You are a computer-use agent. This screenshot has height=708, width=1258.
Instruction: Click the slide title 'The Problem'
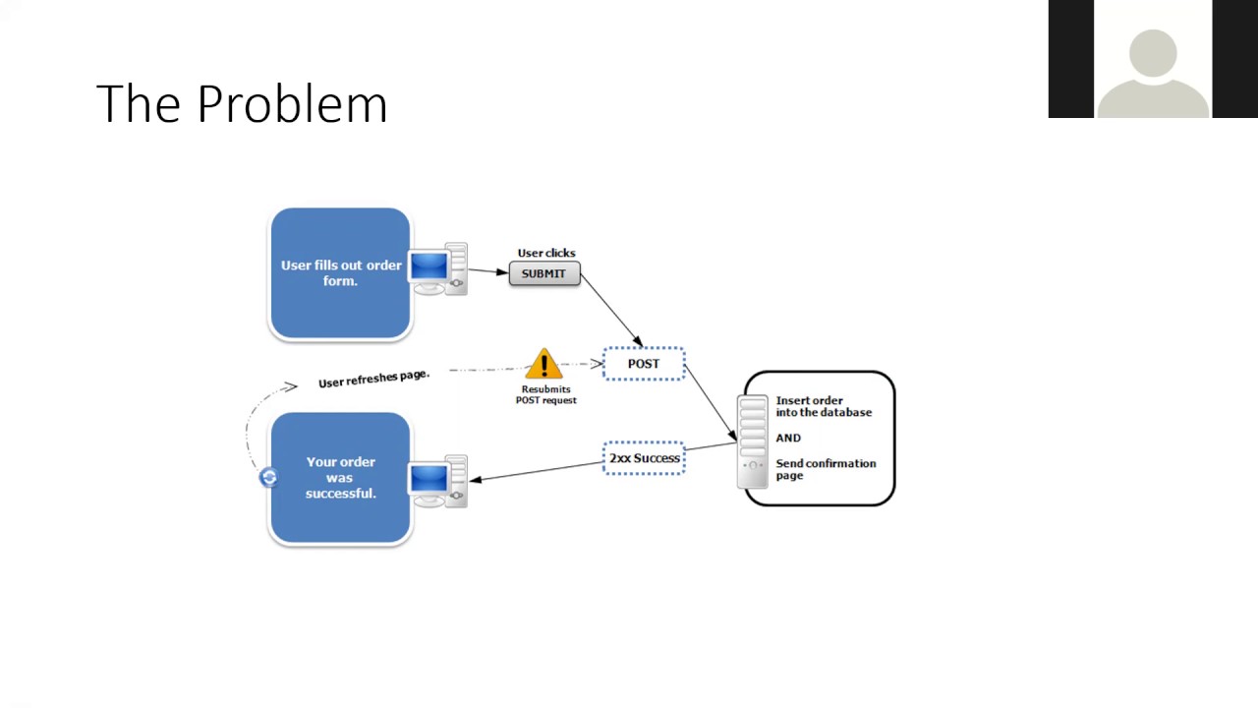pos(242,104)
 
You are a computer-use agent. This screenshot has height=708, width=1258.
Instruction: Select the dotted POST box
pos(644,364)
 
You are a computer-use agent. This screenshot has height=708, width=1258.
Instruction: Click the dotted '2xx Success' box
pos(644,458)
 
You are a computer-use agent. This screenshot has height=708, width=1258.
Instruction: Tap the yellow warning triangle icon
pos(543,364)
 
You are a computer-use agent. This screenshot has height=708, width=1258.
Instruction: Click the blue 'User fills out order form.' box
pos(340,273)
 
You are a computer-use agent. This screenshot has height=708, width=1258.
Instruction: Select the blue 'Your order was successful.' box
pos(340,478)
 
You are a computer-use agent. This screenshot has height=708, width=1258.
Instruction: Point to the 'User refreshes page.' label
pos(373,379)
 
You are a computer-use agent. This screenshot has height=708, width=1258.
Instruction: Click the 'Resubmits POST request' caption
pos(545,394)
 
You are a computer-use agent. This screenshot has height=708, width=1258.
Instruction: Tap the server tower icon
pos(753,442)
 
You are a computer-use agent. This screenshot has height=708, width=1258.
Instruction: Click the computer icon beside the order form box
pos(438,269)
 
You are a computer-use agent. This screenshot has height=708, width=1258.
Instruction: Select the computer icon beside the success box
pos(438,481)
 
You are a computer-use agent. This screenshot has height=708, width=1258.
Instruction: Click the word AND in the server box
pos(788,438)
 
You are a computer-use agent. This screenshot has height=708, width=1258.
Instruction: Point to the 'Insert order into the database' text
pos(824,406)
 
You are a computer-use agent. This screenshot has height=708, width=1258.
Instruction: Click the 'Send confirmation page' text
pos(826,469)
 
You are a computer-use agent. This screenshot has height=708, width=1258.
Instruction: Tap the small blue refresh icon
pos(268,477)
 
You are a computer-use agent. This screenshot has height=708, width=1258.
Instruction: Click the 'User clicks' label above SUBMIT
pos(546,253)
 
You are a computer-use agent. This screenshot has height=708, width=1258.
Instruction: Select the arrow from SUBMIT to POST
pos(611,311)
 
